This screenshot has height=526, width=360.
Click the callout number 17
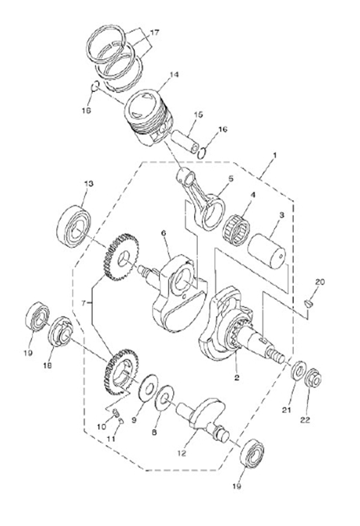[x=154, y=33]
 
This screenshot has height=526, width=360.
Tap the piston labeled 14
[x=150, y=117]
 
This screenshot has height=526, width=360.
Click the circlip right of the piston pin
[x=202, y=154]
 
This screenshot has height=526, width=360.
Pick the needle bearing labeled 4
[x=237, y=229]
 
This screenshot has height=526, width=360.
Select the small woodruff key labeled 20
[x=309, y=303]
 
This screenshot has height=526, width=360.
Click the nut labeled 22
[x=313, y=379]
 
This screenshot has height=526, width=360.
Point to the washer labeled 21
[x=298, y=371]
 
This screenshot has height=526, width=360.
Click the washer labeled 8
[x=165, y=398]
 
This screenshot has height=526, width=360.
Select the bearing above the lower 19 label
[x=252, y=454]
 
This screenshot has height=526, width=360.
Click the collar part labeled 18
[x=61, y=331]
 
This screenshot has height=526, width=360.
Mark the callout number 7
[x=83, y=303]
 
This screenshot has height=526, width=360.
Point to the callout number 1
[x=275, y=155]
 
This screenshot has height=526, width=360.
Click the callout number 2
[x=237, y=377]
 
